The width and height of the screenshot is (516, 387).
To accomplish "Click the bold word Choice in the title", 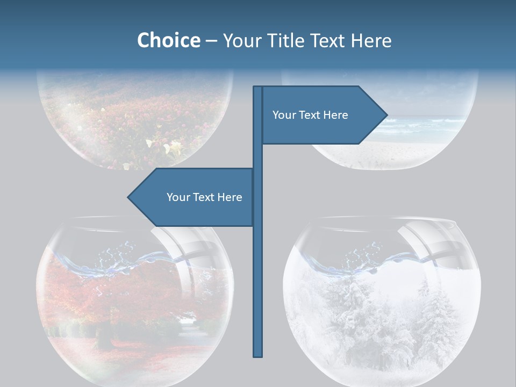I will (168, 40).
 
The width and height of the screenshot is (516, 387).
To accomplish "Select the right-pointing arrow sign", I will (322, 115).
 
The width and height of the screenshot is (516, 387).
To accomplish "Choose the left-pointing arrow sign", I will (193, 197).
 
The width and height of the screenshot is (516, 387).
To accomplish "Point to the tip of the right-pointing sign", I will (386, 114).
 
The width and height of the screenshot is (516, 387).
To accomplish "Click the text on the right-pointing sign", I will (310, 115).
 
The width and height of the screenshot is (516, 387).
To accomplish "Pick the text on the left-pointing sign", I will (204, 197).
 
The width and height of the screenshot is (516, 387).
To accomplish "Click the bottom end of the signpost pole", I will (258, 355).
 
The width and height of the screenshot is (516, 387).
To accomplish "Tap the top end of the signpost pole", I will (258, 88).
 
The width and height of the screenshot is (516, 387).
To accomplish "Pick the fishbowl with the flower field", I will (134, 118).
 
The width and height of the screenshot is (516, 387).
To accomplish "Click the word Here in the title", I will (370, 40).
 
